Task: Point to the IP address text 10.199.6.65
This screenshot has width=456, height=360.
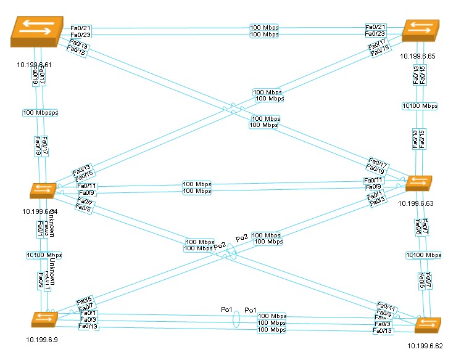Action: (418, 56)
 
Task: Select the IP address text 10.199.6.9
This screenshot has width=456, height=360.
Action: (43, 340)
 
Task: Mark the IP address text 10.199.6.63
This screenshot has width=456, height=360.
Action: (417, 203)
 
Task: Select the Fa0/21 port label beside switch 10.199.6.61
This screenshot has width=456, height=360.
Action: (81, 28)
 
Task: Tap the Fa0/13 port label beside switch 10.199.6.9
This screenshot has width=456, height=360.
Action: (89, 326)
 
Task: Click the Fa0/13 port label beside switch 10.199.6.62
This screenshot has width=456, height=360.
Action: (383, 331)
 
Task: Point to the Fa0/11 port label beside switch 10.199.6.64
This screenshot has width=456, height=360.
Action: (86, 186)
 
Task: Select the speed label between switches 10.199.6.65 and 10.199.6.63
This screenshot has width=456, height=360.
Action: (420, 106)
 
